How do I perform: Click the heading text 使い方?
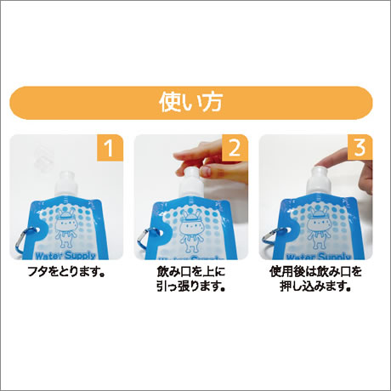pos(190,102)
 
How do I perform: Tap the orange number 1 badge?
pos(110,148)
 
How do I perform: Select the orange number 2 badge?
pos(235,148)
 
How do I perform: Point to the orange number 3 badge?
pos(360,148)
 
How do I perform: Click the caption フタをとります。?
pos(67,272)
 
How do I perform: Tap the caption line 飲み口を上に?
pos(191,272)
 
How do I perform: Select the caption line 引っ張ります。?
pos(191,286)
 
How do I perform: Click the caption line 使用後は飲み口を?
pos(315,272)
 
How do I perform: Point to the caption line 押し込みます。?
pos(315,286)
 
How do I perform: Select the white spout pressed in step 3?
pos(319,181)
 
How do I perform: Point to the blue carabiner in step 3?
pos(270,240)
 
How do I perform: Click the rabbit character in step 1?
pos(65,228)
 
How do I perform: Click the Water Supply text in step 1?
pos(65,256)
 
